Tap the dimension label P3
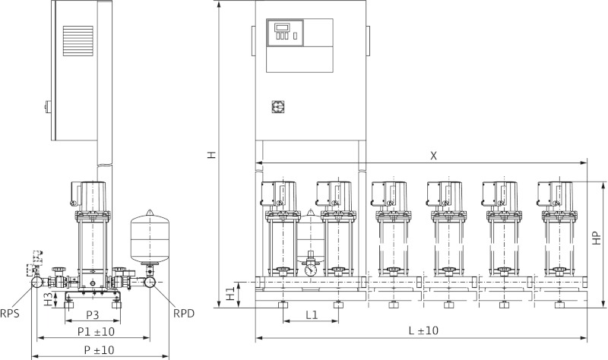point(92,315)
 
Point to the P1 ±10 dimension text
point(96,332)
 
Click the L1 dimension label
point(311,314)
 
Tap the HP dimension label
point(597,238)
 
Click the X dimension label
point(434,155)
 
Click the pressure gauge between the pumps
point(310,269)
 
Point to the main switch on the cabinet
point(276,107)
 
